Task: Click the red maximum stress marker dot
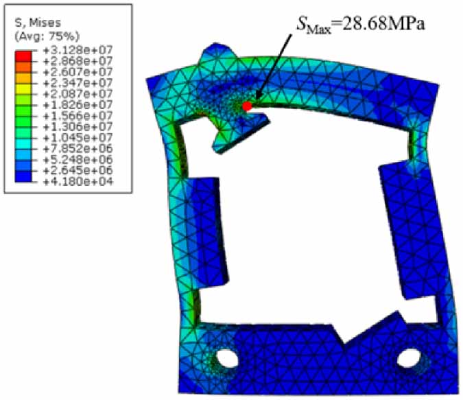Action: coord(247,106)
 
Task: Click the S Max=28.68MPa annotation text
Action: coord(361,24)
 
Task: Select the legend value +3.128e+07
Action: coord(78,50)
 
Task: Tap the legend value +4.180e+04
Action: coord(78,181)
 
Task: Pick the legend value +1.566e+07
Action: coord(78,116)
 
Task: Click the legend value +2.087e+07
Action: coord(78,94)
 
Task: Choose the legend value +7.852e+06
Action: coord(78,149)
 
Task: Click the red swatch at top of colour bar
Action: coord(23,56)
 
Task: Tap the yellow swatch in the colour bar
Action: coord(23,89)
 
